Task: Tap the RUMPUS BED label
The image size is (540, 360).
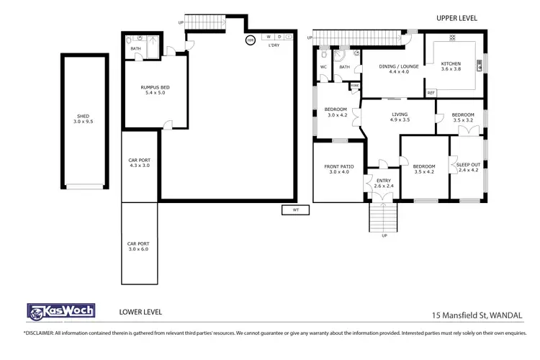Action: pos(155,90)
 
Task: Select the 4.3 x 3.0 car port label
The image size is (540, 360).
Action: pos(138,163)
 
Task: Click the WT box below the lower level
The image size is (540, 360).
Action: pos(295,210)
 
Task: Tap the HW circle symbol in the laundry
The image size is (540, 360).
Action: pos(251,40)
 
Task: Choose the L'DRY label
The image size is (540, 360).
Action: pos(274,46)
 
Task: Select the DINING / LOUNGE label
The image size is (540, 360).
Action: pos(394,68)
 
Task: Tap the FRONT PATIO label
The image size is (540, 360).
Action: pos(338,169)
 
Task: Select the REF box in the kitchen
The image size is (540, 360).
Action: pos(431,93)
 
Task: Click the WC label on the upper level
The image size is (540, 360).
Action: pos(323,67)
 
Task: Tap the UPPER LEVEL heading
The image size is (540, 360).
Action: pos(456,18)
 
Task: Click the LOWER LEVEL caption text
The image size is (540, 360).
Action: pos(140,312)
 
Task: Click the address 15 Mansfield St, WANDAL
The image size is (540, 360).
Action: pos(476,315)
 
